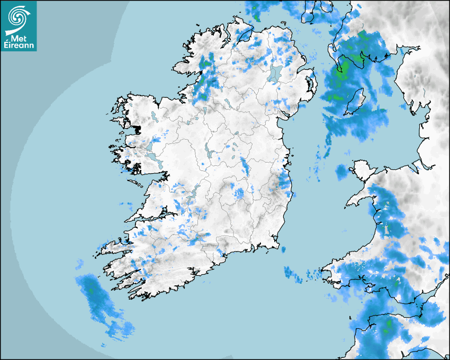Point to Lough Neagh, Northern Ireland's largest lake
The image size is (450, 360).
click(275, 73)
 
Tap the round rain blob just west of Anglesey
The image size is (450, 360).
click(341, 172)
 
